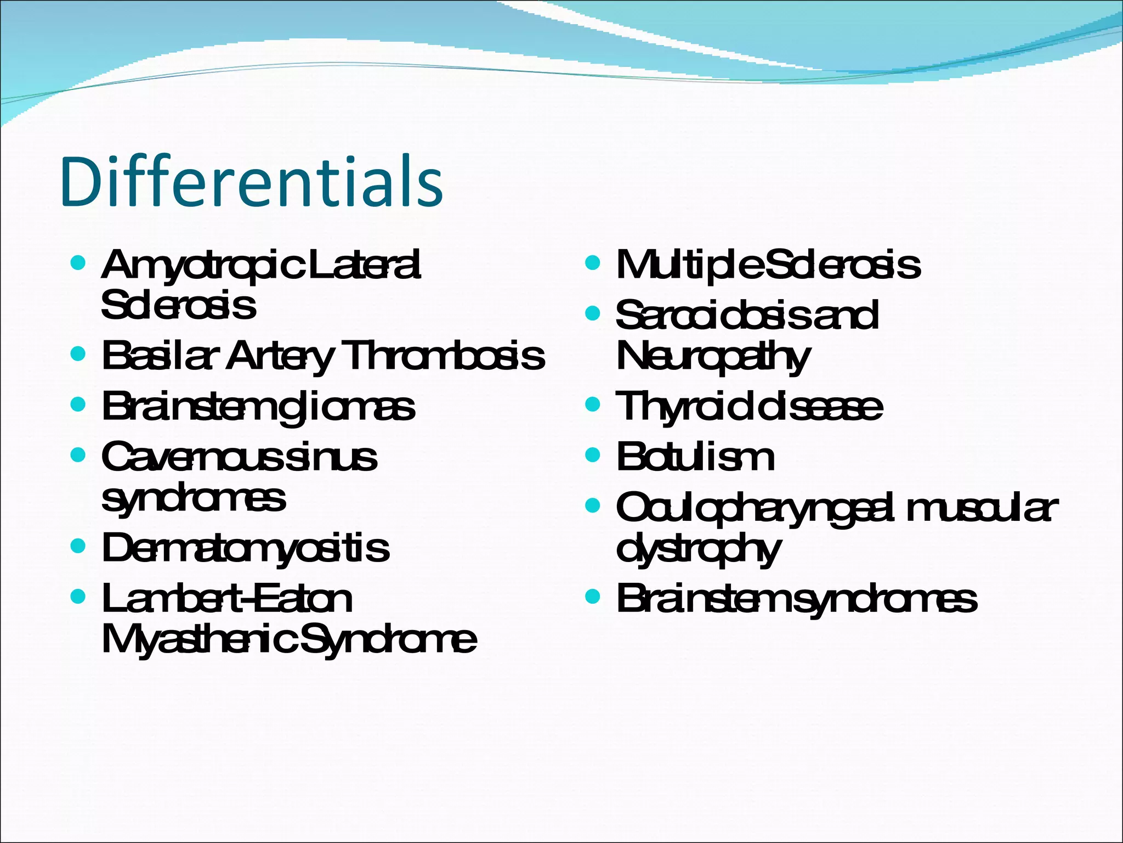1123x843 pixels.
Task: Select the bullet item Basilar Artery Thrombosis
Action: (x=323, y=356)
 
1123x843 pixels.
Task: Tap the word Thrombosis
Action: (x=444, y=356)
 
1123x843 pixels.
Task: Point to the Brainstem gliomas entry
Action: (x=258, y=408)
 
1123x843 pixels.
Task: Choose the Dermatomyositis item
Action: (x=245, y=548)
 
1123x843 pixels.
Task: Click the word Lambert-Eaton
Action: (x=227, y=598)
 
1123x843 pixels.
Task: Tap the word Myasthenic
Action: (x=200, y=639)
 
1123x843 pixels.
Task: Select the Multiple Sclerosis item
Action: (x=768, y=265)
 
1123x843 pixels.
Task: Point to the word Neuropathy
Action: (x=712, y=357)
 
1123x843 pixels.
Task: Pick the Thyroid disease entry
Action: (x=749, y=407)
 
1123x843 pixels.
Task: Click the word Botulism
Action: (x=695, y=457)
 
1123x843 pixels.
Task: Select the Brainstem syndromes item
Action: (x=796, y=598)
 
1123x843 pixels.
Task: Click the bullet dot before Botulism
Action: (x=593, y=455)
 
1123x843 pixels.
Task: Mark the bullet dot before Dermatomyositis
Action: (x=78, y=546)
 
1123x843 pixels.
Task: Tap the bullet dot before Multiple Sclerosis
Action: (x=593, y=263)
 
